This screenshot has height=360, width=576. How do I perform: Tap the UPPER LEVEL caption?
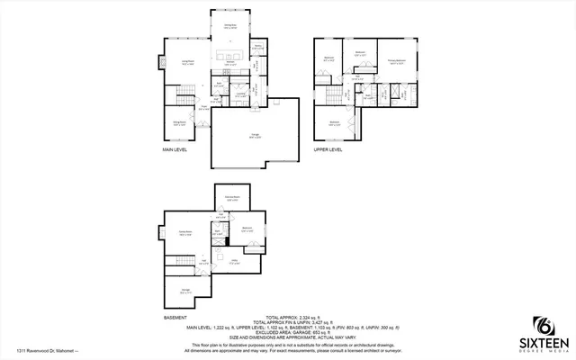328,150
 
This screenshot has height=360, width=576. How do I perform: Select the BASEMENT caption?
175,318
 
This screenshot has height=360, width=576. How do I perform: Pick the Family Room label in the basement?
186,232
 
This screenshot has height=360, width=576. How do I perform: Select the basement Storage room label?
185,292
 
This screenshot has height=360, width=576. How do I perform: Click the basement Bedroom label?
247,229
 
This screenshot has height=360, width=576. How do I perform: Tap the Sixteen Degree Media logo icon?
543,325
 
